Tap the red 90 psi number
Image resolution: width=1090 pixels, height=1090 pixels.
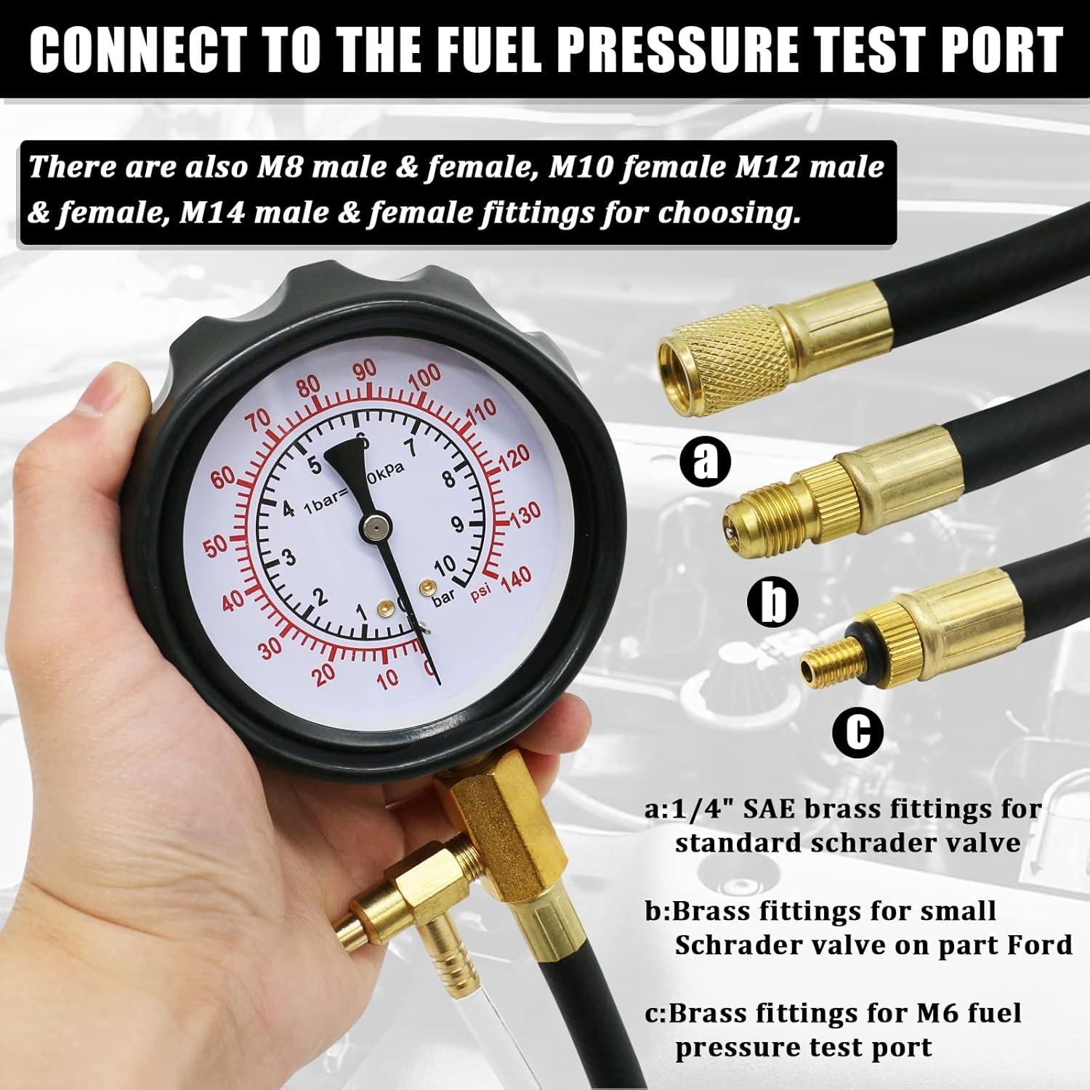(365, 371)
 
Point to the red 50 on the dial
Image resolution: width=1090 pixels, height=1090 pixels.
(216, 548)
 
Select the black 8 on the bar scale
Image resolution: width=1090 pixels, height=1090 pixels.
(448, 479)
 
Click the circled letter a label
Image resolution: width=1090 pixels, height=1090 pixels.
(704, 459)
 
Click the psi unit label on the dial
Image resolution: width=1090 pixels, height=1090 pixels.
(480, 592)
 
